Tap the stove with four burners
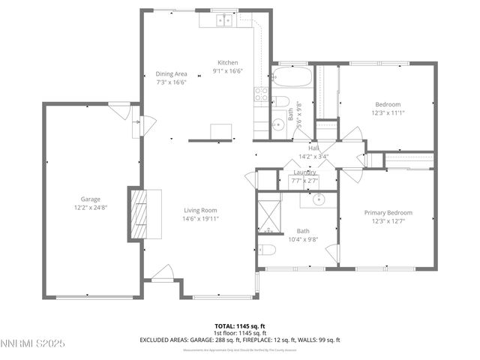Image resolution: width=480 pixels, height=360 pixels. (x=262, y=94)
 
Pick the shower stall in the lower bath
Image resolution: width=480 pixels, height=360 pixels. (x=269, y=214)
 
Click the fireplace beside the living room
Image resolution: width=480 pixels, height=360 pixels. (x=145, y=213)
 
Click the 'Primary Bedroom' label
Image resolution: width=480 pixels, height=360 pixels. (x=388, y=213)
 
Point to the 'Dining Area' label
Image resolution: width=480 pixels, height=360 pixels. (x=171, y=73)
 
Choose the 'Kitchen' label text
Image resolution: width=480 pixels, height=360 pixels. (x=228, y=62)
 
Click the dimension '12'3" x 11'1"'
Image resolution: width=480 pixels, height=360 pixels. (x=388, y=112)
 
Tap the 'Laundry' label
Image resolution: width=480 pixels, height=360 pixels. (x=304, y=172)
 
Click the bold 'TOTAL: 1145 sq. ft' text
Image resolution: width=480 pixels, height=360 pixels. (x=239, y=325)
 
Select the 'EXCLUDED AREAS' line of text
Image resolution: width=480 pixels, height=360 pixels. (x=239, y=340)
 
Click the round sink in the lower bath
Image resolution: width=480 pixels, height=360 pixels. (x=318, y=200)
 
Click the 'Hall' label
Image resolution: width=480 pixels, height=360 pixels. (x=304, y=148)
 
